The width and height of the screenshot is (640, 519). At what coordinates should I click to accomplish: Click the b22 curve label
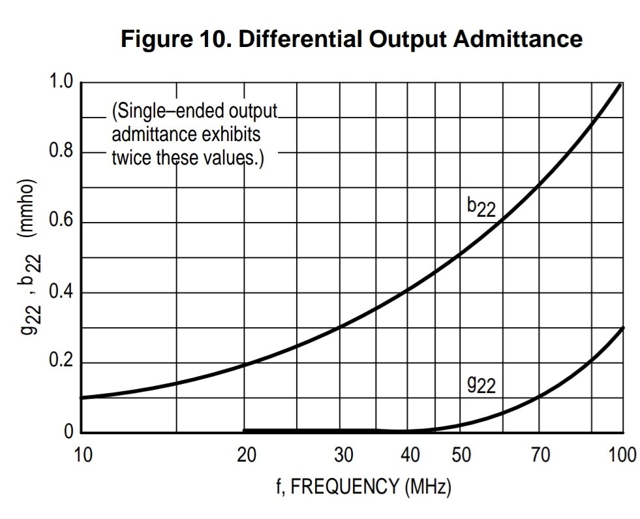tap(481, 207)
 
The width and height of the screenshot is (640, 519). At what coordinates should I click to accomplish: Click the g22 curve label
tap(481, 385)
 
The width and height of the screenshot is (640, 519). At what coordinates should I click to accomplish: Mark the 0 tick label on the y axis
tap(69, 432)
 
